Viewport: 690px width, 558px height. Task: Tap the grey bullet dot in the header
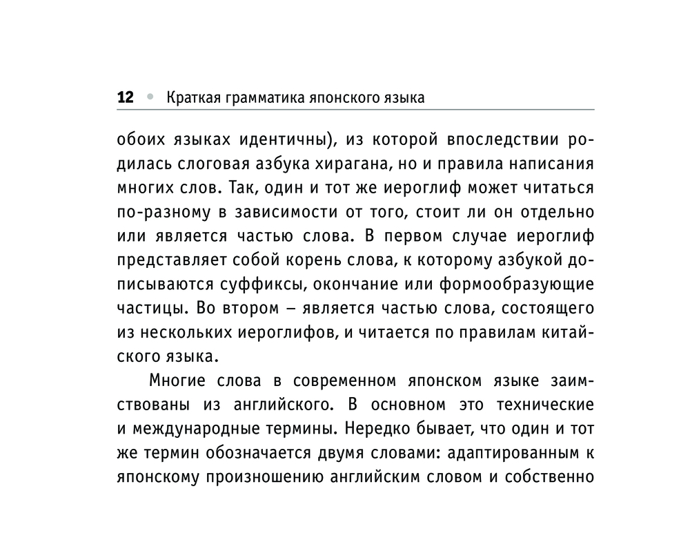150,97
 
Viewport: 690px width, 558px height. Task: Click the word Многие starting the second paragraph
178,381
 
